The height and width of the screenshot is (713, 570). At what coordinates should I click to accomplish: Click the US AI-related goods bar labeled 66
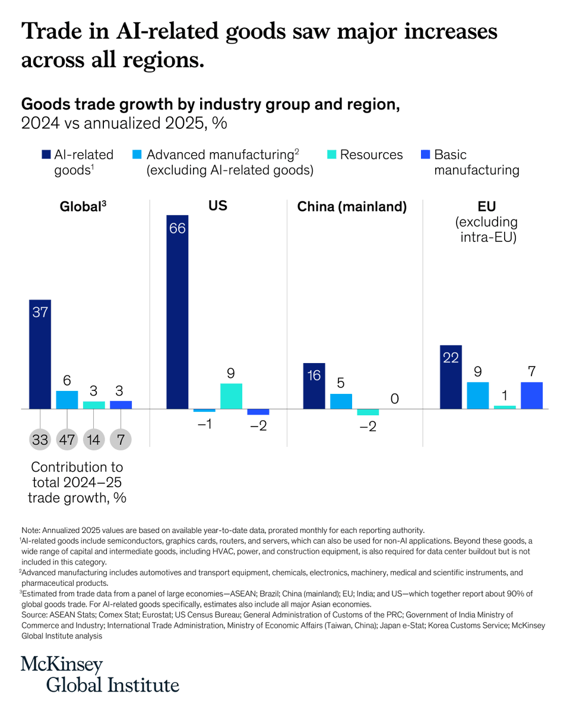coord(177,312)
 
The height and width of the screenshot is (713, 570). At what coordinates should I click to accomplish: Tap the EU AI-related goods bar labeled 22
coord(451,377)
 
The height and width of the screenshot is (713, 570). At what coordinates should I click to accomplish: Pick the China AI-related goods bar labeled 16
coord(313,386)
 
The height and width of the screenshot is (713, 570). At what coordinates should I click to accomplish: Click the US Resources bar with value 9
coord(231,396)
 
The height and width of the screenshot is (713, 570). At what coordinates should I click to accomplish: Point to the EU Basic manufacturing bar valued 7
coord(531,395)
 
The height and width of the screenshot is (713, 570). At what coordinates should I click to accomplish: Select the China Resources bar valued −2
coord(368,412)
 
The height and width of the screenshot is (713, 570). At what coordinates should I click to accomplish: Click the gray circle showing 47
coord(67,440)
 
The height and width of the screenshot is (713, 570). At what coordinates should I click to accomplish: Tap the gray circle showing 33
coord(40,440)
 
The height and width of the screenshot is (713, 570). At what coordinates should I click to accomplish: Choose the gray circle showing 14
coord(94,440)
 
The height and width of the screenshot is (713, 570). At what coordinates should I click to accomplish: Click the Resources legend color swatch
coord(332,155)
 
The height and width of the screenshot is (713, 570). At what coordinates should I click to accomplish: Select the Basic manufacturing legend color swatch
coord(425,155)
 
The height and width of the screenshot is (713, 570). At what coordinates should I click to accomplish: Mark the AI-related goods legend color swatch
coord(46,155)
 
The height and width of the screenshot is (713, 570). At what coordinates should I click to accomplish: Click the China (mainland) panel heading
coord(351,207)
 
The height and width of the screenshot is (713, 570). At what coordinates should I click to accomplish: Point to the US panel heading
coord(217,206)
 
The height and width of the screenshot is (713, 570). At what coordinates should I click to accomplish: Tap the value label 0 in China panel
coord(394,399)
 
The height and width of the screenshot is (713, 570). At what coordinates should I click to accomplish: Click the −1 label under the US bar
coord(204,425)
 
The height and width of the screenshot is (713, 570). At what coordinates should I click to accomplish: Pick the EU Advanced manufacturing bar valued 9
coord(478,395)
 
